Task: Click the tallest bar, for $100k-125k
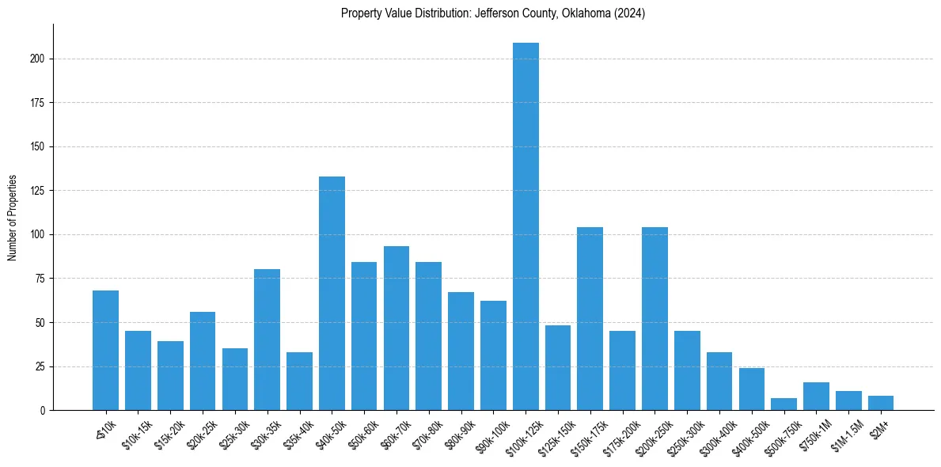[526, 226]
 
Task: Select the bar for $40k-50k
[332, 293]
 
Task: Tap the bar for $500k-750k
[784, 404]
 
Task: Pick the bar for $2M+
[881, 403]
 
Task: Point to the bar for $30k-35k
[267, 340]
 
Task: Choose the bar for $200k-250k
[655, 318]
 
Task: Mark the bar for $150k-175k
[590, 318]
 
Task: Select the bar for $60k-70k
[397, 328]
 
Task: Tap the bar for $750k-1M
[816, 396]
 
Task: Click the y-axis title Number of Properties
[13, 217]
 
